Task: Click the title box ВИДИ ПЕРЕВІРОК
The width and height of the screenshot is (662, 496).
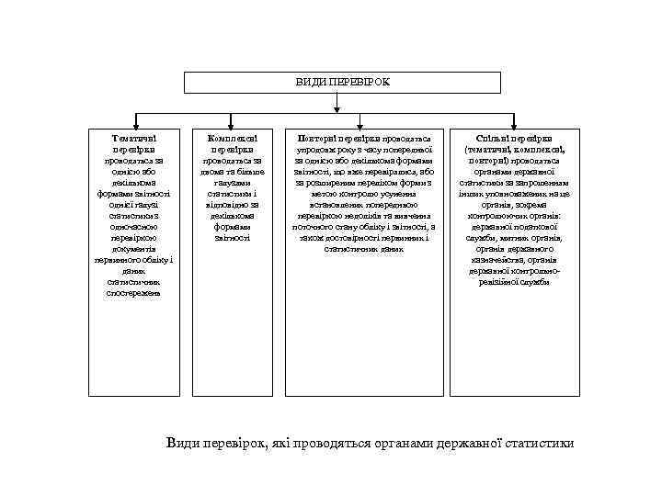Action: (x=342, y=82)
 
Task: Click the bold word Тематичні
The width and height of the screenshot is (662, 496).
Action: (x=134, y=136)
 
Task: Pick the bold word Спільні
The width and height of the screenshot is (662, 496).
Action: (x=497, y=136)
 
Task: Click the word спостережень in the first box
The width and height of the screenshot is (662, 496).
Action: (x=134, y=293)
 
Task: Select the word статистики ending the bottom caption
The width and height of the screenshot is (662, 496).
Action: (x=536, y=443)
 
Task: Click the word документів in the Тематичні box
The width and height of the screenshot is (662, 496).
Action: (x=134, y=248)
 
